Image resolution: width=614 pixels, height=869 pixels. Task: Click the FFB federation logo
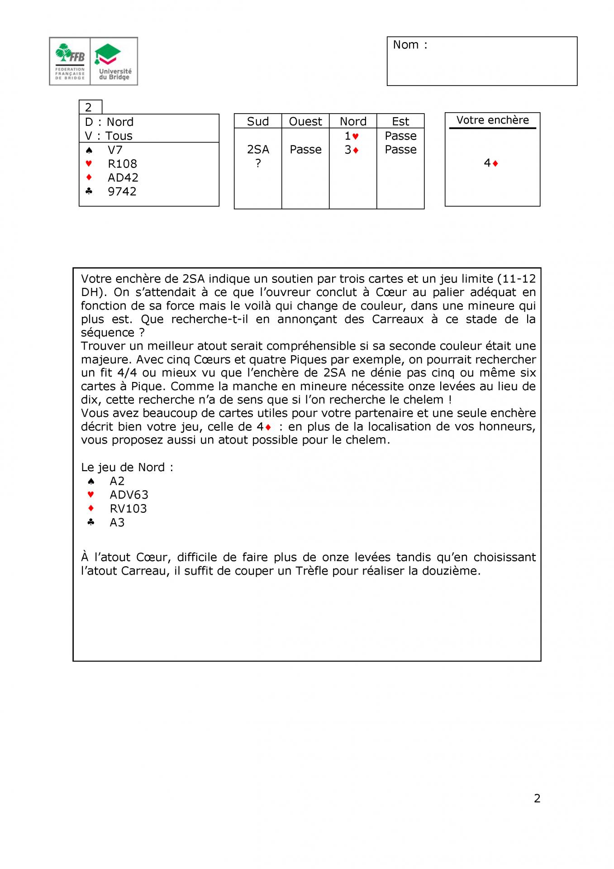coord(70,61)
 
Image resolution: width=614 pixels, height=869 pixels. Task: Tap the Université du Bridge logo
coord(114,61)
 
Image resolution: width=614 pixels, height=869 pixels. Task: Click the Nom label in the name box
coord(409,45)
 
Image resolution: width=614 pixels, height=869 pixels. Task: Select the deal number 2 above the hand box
coord(89,107)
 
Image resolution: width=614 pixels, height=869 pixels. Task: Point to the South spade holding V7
coord(115,150)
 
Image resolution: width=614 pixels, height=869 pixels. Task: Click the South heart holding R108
coord(122,164)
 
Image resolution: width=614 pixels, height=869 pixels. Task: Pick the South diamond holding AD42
coord(123,177)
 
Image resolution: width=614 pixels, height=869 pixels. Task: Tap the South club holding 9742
coord(122,191)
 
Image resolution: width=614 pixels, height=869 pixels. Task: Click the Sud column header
coord(258,121)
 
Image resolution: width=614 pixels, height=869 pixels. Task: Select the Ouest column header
coord(305,121)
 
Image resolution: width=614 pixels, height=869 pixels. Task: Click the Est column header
coord(400,121)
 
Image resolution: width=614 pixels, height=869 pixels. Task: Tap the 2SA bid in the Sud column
coord(258,149)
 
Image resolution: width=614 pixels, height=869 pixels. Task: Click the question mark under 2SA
coord(258,163)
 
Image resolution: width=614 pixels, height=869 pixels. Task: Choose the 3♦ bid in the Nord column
coord(352,150)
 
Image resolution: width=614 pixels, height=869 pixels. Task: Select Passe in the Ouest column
coord(305,149)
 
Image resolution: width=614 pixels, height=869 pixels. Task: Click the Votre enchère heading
coord(492,120)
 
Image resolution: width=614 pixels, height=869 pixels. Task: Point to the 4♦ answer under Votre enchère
coord(491,163)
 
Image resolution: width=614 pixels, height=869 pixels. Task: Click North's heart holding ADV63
coord(129,495)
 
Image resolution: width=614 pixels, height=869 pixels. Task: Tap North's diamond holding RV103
coord(128,509)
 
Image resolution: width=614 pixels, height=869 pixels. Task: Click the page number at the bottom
coord(537,798)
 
